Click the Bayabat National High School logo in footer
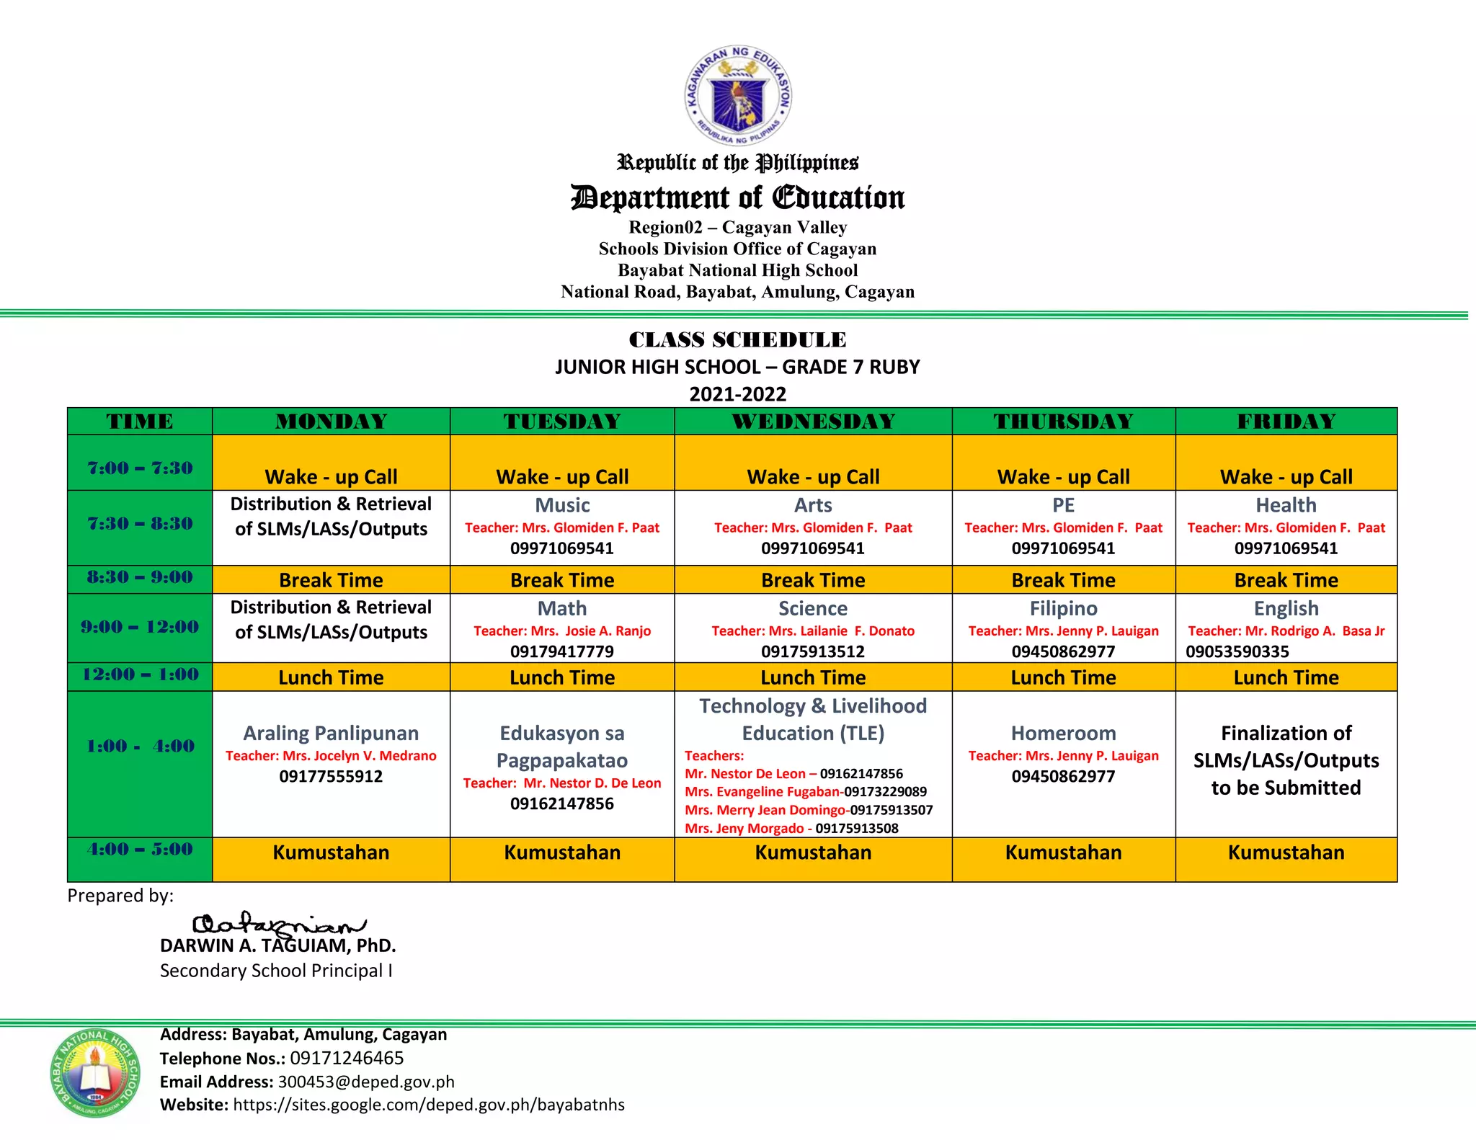pos(95,1072)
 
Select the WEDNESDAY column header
pos(813,422)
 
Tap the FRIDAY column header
pos(1286,422)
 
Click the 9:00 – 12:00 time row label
pos(140,627)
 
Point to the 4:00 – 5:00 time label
pos(140,849)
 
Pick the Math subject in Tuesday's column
pos(561,608)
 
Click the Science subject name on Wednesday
pos(812,608)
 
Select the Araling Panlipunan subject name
pos(331,733)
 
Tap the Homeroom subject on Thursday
pos(1063,733)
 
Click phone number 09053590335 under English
pos(1237,651)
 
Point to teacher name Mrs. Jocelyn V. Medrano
pos(331,756)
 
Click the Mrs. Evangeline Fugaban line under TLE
pos(805,791)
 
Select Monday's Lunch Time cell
pos(331,677)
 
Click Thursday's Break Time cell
pos(1063,580)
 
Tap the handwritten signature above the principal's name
pos(277,925)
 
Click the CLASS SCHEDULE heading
pos(737,339)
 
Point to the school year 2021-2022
pos(737,394)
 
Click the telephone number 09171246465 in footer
pos(347,1058)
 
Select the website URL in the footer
pos(429,1105)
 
